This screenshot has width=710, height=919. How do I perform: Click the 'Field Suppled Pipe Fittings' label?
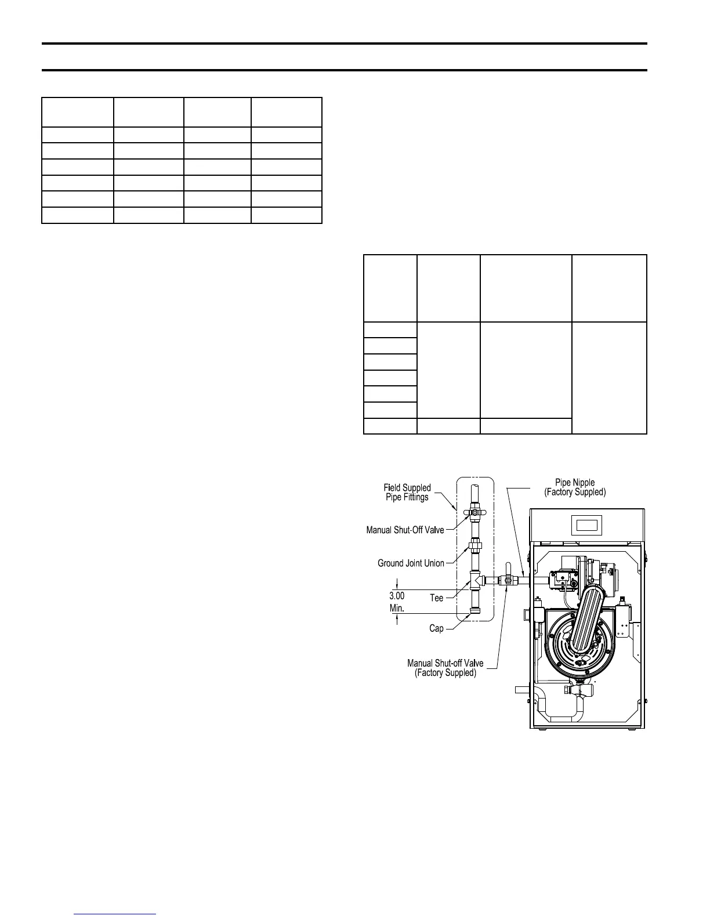407,493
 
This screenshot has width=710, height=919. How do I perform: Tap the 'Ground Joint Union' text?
411,563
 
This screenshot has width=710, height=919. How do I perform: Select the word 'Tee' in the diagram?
436,598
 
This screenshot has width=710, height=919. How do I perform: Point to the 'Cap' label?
436,628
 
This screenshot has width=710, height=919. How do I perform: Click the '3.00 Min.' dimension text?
397,602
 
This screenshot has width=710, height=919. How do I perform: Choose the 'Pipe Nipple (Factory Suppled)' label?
575,487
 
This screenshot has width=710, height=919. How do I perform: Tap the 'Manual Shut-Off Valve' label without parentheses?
405,530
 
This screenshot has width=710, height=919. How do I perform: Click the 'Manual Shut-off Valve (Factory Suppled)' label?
445,668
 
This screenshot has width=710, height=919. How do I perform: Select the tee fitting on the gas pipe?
474,579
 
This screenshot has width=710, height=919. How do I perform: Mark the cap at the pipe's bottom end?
474,612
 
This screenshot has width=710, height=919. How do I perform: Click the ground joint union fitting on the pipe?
474,546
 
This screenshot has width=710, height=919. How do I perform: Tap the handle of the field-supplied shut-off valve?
474,513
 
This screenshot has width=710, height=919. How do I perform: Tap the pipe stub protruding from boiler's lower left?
522,690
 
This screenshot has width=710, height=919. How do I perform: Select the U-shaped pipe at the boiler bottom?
560,709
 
